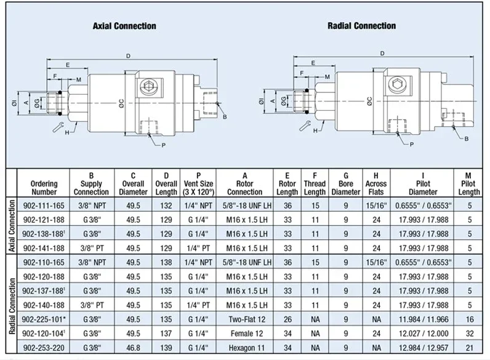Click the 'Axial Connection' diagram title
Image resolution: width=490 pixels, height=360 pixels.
(x=124, y=26)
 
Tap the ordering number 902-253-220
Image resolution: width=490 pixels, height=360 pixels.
(x=44, y=346)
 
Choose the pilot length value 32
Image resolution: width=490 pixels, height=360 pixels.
(x=469, y=332)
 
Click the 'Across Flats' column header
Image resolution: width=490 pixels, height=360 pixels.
(x=376, y=183)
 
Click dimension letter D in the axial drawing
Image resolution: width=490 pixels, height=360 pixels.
(x=128, y=56)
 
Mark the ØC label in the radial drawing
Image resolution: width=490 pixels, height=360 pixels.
(x=369, y=100)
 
